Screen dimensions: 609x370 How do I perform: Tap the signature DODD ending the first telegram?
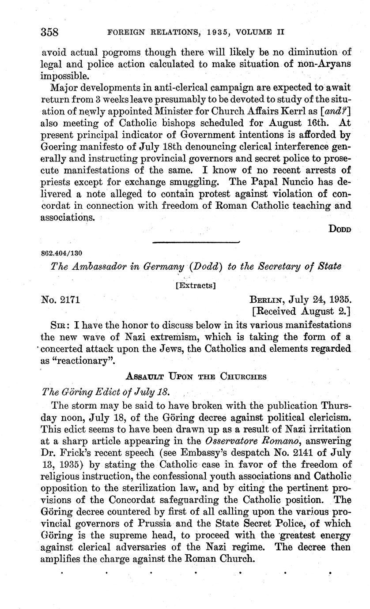340,229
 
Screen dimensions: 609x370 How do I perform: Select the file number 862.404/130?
61,253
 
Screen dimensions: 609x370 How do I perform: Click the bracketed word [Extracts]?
196,286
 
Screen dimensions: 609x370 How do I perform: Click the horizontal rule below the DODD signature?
196,242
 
